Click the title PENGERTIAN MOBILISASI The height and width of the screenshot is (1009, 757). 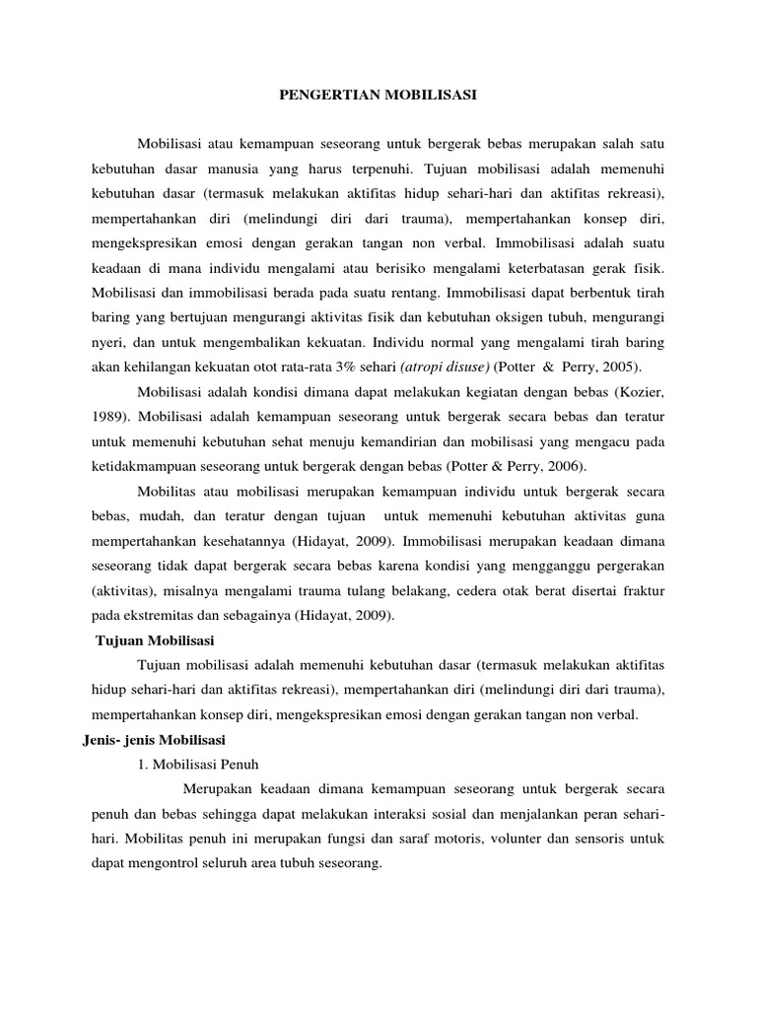pos(378,96)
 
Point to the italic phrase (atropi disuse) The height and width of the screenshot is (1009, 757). pos(444,368)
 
